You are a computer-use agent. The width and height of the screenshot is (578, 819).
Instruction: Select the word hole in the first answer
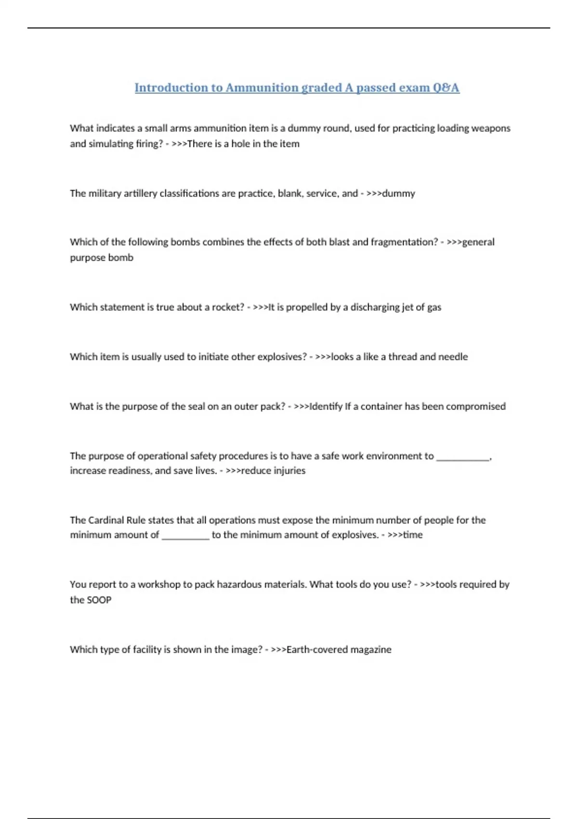point(241,144)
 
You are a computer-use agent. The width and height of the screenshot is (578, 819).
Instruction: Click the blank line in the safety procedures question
point(462,457)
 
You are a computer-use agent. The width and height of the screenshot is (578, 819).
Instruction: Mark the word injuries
point(289,470)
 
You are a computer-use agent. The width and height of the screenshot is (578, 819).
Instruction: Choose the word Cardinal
point(106,520)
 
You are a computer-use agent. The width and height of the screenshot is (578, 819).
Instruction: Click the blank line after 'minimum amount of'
point(185,536)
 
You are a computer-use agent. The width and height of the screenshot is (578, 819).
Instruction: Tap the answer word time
point(413,535)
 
